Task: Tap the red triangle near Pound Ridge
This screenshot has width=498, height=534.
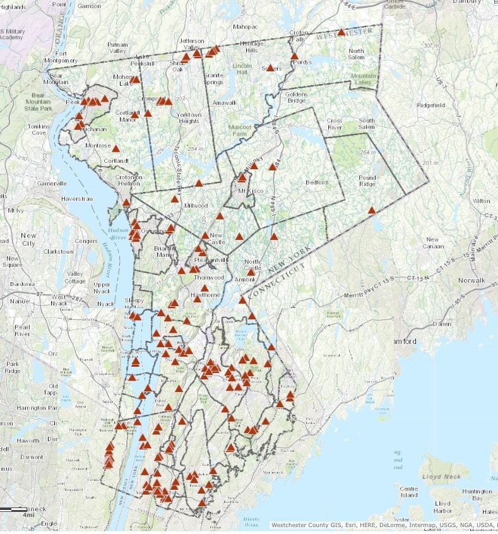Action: point(372,210)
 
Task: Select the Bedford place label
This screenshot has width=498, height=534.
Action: point(317,182)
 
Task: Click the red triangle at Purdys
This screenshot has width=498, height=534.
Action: point(294,56)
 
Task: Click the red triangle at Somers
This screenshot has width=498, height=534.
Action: point(270,68)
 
